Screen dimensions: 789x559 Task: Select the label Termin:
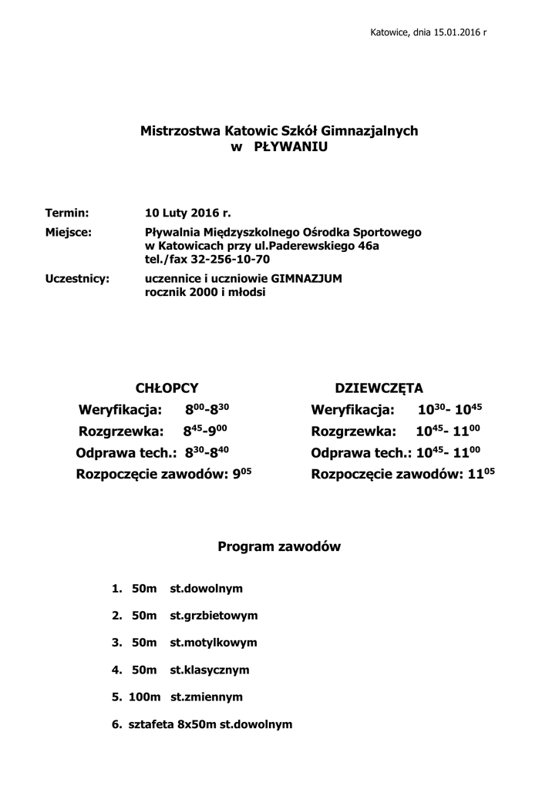point(67,212)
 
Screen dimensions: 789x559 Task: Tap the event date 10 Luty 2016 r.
point(187,212)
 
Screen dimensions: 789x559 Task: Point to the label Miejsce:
point(69,232)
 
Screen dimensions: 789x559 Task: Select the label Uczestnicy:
point(77,279)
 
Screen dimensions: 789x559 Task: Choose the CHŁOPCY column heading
point(167,388)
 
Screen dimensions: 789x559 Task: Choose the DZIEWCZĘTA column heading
point(379,388)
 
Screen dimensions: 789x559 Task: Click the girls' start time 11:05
point(481,474)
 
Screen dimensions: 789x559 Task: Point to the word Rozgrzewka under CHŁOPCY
point(120,431)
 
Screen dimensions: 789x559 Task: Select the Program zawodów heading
point(279,547)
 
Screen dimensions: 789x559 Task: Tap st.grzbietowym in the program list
point(214,616)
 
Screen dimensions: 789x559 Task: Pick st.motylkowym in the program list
point(214,643)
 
